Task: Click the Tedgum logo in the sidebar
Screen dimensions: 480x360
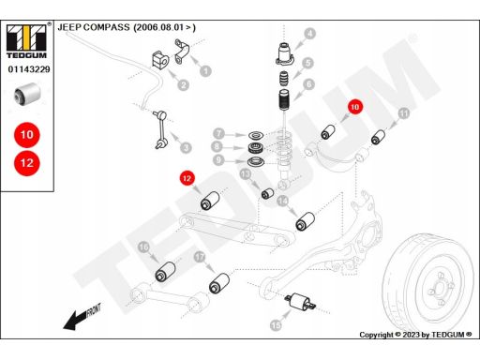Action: click(x=27, y=41)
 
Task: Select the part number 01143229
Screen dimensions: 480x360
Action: click(x=29, y=69)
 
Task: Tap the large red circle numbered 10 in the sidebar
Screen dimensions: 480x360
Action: click(x=27, y=135)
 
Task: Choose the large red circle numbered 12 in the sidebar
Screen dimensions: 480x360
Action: click(x=27, y=163)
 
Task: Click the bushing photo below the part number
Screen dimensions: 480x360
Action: click(x=27, y=94)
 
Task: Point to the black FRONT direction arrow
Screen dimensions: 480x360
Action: click(x=82, y=316)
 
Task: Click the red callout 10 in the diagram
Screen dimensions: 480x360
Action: click(x=354, y=107)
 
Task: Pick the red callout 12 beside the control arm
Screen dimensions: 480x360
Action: click(x=187, y=178)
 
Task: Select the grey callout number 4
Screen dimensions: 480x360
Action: click(x=309, y=34)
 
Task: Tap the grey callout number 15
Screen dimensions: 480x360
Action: click(x=276, y=325)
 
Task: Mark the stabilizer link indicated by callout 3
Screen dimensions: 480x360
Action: click(x=160, y=129)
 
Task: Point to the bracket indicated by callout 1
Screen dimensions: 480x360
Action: click(x=182, y=52)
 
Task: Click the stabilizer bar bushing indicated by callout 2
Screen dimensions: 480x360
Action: click(x=160, y=60)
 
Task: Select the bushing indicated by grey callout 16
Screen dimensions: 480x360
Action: click(x=165, y=271)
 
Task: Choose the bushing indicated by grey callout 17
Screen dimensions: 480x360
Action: click(x=219, y=283)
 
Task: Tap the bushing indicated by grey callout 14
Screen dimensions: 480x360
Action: click(x=306, y=221)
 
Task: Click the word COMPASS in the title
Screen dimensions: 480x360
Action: click(x=107, y=27)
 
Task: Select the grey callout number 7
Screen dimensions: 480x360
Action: click(x=219, y=133)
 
